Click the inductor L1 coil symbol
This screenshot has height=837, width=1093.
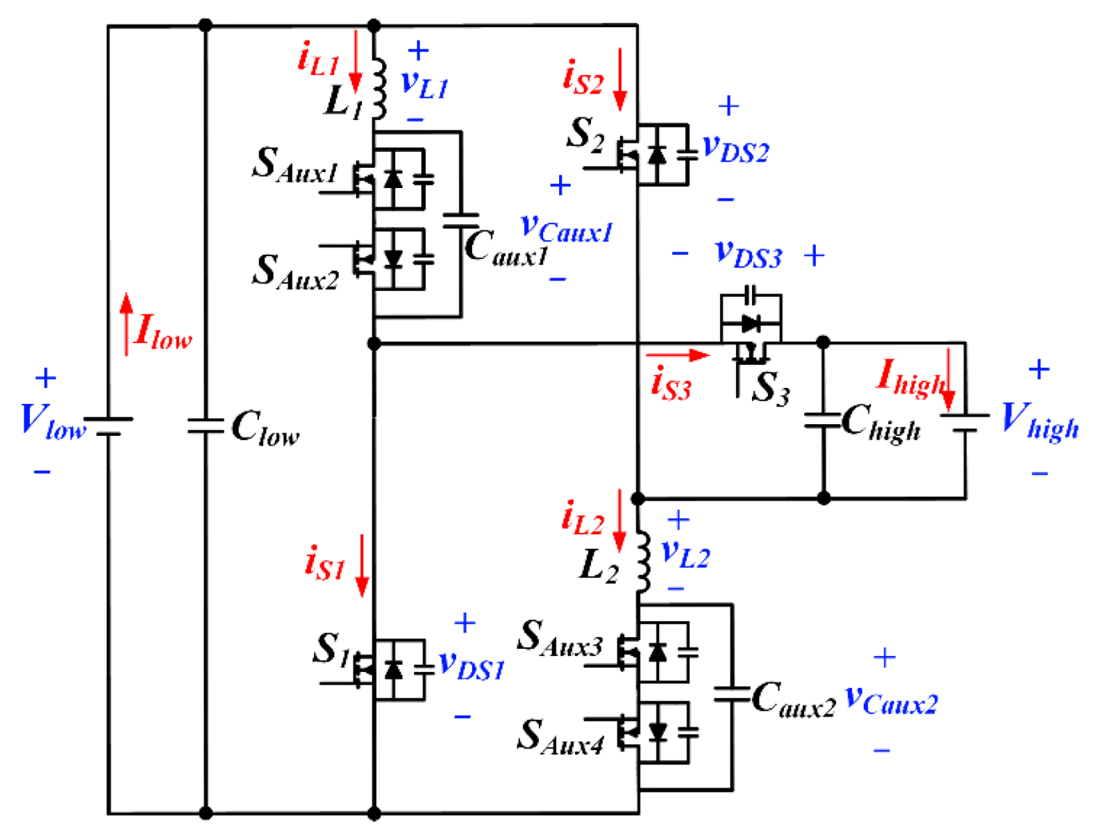tap(379, 89)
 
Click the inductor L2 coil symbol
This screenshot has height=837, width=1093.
tap(643, 562)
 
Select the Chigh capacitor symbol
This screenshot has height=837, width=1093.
tap(823, 420)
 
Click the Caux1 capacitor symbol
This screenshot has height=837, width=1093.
tap(460, 221)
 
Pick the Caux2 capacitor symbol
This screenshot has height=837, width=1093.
tap(732, 694)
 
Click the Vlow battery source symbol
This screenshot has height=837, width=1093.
tap(108, 426)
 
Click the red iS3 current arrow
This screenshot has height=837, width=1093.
tap(677, 355)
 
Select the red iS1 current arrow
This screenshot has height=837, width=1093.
tap(362, 565)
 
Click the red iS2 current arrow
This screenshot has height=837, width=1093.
tap(619, 79)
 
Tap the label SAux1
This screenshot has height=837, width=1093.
tap(295, 167)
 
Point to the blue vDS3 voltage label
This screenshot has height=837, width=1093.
tap(748, 255)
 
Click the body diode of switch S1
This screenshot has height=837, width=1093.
tap(393, 670)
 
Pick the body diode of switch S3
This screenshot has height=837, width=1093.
tap(751, 323)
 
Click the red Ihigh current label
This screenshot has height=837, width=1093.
tap(910, 378)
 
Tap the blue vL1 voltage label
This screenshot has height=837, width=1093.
tap(425, 84)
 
